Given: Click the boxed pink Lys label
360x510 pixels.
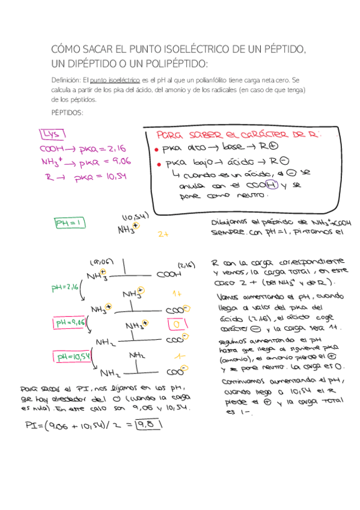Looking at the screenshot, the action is (52, 134).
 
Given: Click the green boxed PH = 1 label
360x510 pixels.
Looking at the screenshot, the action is (71, 223).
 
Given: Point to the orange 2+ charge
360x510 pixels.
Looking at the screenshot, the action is (162, 235).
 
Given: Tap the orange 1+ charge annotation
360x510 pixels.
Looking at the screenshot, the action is (178, 294).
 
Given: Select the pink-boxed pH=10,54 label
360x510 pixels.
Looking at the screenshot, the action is (74, 357).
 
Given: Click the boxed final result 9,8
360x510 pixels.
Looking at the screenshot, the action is (150, 426).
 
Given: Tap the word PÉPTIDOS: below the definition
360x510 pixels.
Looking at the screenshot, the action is (67, 112).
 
